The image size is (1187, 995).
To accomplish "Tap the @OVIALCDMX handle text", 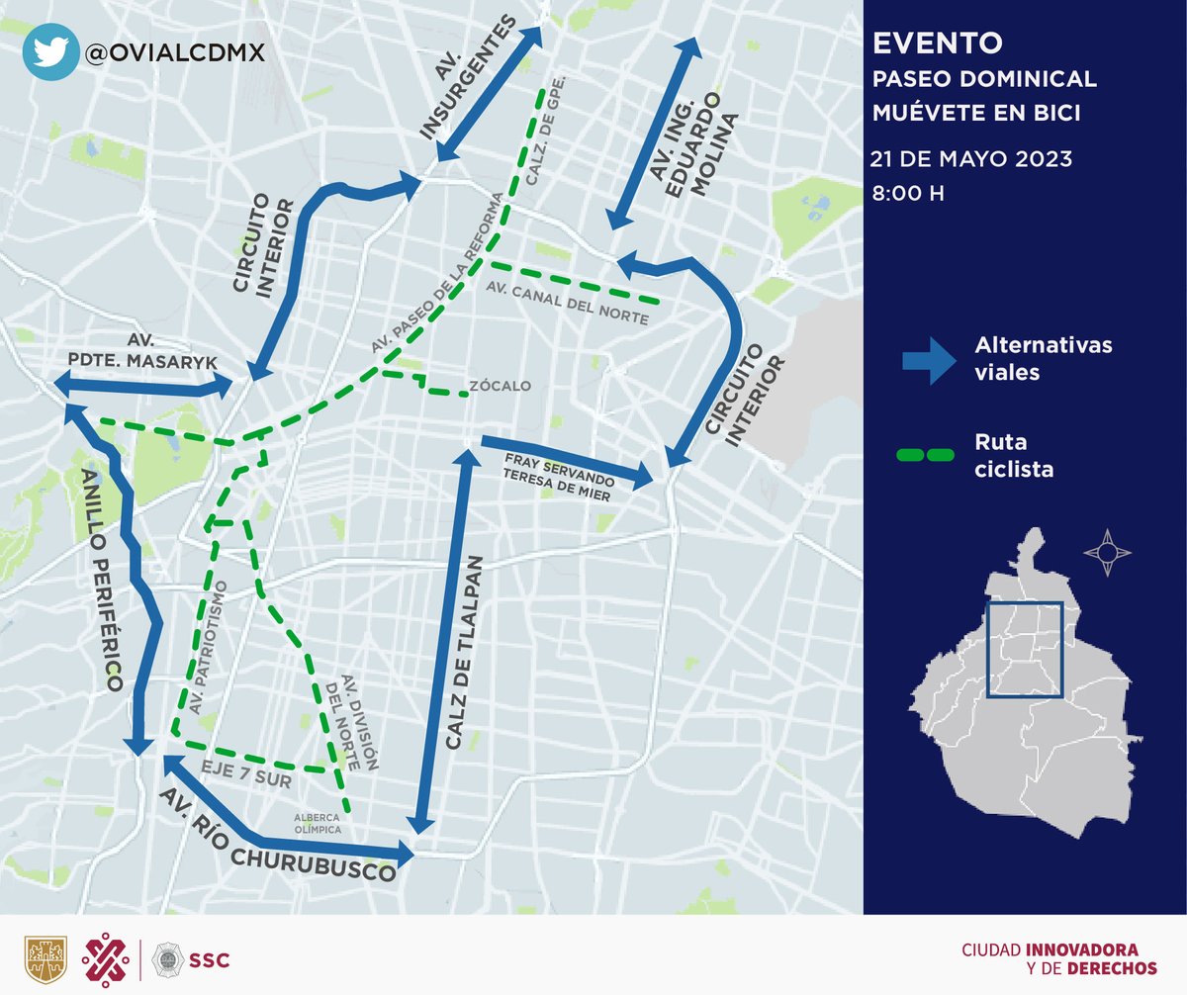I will coord(175,53).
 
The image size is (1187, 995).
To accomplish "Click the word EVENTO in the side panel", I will coord(937,44).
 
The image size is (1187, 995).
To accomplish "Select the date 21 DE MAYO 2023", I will coord(971,159).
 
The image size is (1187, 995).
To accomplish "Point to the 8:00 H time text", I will coord(907,193).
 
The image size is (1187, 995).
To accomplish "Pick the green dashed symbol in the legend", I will coord(925,455).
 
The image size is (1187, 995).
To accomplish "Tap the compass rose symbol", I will coord(1108,552).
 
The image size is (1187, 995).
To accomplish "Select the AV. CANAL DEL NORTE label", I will coord(568,304).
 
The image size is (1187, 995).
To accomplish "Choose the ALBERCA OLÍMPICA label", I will coord(317,823).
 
